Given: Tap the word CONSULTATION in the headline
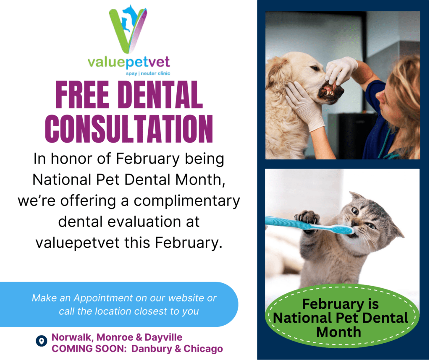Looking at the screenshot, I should [x=129, y=126].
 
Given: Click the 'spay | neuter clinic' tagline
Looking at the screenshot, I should [x=148, y=73].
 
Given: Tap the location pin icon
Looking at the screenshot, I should [x=41, y=341].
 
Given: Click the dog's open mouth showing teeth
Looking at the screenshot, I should [x=330, y=90].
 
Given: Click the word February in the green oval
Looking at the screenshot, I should [x=340, y=304].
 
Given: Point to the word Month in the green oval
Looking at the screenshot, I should [x=338, y=331].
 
